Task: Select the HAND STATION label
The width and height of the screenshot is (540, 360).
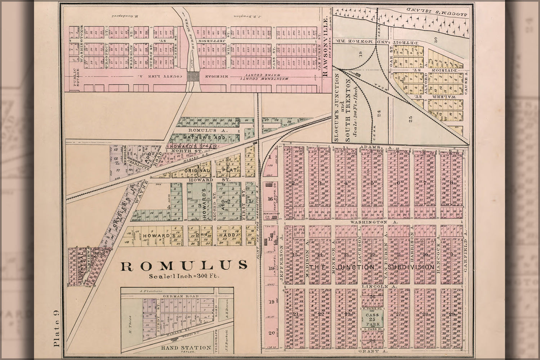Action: coord(186,347)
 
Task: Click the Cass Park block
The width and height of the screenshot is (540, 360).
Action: coord(372,319)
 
